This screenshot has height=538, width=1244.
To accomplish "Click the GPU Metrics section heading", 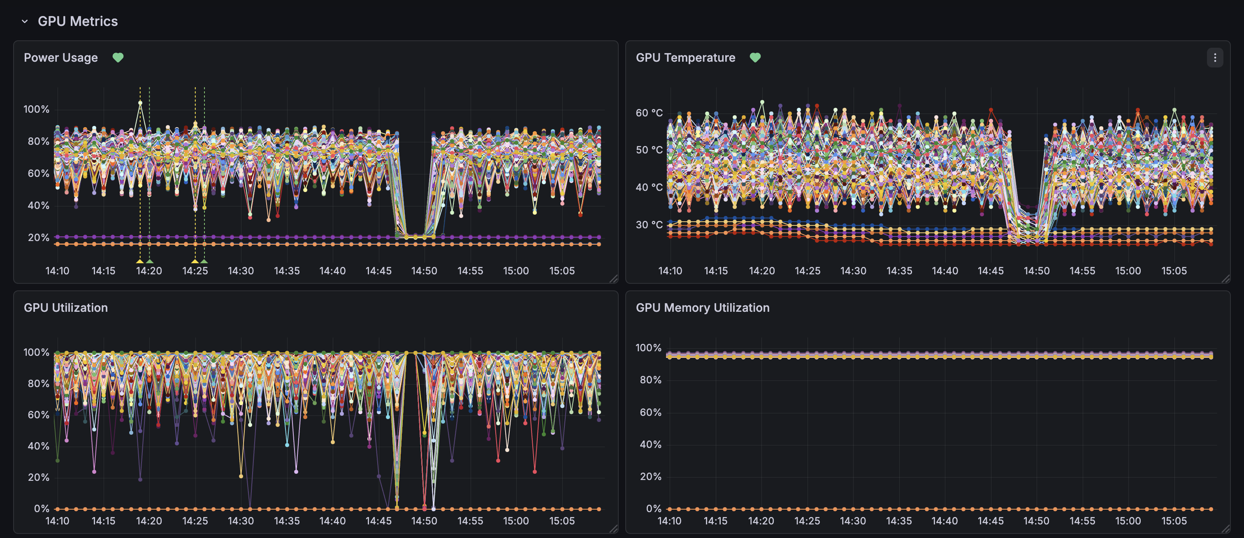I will click(x=77, y=21).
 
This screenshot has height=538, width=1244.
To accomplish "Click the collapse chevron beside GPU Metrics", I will click(x=25, y=21).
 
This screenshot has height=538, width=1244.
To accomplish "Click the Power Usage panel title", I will click(x=61, y=58).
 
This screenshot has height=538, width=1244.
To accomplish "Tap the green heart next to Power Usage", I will click(x=118, y=58).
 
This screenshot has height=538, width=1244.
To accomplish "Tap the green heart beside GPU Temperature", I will click(x=755, y=58).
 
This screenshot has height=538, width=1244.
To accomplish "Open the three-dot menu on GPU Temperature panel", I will click(x=1214, y=58).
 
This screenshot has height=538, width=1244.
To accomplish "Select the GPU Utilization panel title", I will click(x=66, y=308).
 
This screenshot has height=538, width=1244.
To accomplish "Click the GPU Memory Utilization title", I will click(x=702, y=308).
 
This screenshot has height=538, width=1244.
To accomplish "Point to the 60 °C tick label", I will click(x=649, y=113).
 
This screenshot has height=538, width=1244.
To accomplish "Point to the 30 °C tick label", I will click(x=649, y=225).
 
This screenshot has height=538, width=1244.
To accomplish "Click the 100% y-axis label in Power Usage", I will click(x=37, y=109).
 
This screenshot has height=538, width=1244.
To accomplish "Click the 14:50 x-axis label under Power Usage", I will click(x=424, y=271).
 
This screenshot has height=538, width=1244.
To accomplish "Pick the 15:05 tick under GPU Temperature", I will click(x=1174, y=271).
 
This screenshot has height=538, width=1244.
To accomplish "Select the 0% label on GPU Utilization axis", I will click(x=42, y=508).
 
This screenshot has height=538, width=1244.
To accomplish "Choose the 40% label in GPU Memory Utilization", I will click(x=650, y=444).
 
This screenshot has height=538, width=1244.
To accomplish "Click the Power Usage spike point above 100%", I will click(x=140, y=103).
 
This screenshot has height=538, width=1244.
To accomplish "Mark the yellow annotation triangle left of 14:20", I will click(x=139, y=261).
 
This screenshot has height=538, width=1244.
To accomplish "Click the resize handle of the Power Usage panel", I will click(x=613, y=278).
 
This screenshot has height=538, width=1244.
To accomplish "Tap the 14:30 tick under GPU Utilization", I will click(x=241, y=521).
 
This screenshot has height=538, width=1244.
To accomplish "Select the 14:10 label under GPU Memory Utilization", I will click(x=669, y=521).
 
